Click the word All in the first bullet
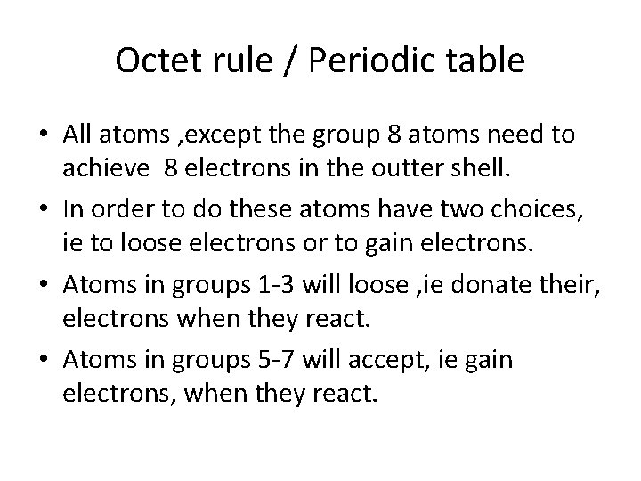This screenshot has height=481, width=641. coord(77,136)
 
